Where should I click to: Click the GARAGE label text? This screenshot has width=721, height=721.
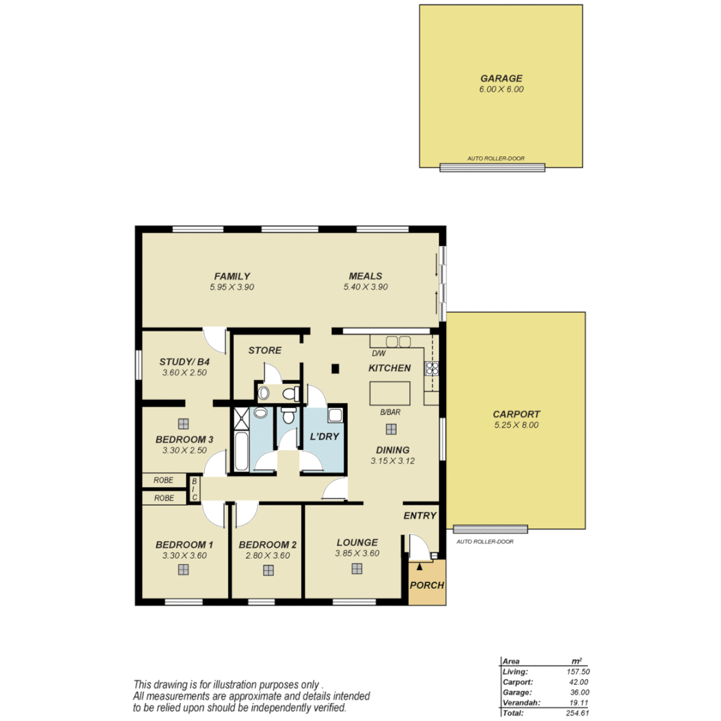coord(501,77)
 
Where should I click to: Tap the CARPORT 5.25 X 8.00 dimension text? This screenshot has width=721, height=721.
coord(515,425)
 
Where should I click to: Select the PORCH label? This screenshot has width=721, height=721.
coord(427,585)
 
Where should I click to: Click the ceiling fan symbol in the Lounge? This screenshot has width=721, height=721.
coord(357,569)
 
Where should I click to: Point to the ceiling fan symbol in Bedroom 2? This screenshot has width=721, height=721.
coord(268,570)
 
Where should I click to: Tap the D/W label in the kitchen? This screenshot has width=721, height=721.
coord(379,353)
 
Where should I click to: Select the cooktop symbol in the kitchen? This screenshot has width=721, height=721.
coord(430,368)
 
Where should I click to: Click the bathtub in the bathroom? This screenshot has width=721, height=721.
coord(241,452)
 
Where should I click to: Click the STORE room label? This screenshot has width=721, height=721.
coord(265,350)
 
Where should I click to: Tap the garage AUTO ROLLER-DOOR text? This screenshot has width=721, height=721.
coord(496,159)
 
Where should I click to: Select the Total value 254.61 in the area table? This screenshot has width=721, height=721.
coord(576,713)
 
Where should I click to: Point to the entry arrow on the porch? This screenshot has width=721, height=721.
coord(419,567)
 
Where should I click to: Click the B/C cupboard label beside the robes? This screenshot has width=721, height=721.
coord(194,488)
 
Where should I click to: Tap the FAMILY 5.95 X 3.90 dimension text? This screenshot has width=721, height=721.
coord(232,286)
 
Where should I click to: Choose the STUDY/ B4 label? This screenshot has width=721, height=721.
coord(185,361)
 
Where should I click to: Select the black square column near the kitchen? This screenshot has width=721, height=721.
coord(336,368)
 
